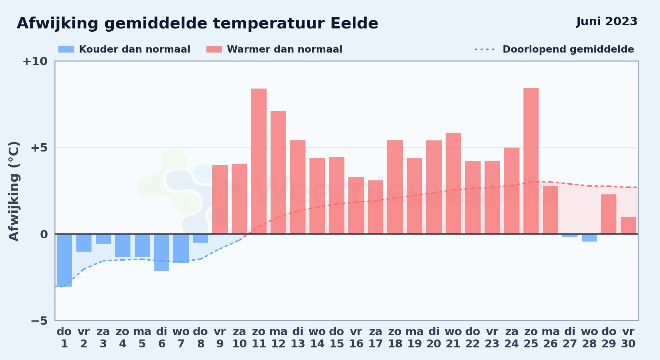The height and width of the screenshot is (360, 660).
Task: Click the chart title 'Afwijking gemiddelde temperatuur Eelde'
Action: (197, 23)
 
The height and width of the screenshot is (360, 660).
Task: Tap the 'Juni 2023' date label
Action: (607, 21)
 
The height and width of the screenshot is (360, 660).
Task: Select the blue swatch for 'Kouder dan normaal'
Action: (66, 49)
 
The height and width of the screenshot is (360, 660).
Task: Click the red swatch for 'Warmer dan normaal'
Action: (214, 49)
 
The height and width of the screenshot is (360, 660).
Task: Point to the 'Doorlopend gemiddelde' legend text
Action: (568, 49)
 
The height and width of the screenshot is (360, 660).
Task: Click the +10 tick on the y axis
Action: (35, 61)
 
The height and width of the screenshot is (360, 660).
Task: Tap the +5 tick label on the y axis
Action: (39, 148)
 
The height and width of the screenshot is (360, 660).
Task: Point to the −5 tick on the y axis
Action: (39, 320)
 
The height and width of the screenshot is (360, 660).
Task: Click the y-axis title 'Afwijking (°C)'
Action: (14, 191)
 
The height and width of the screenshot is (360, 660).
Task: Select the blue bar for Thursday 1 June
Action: (64, 260)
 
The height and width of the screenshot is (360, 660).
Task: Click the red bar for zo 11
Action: (259, 161)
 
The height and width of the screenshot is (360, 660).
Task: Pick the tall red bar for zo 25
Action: (531, 161)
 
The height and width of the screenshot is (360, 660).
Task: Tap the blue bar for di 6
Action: (162, 252)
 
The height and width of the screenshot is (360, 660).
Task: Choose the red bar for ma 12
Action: (278, 172)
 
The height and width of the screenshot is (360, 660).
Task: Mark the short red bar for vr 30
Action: (628, 225)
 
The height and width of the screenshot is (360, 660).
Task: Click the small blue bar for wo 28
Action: (589, 238)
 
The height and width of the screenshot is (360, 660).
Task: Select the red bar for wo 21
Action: (453, 183)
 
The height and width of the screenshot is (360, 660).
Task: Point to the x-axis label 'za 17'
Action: (375, 338)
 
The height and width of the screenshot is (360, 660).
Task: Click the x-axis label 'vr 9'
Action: (220, 338)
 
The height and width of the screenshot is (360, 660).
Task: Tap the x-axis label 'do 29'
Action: (609, 338)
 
